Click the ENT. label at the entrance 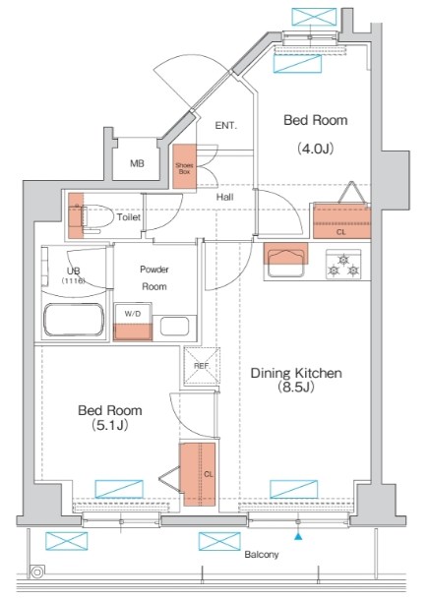pyautogui.click(x=226, y=125)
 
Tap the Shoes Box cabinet pyautogui.click(x=184, y=166)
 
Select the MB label pyautogui.click(x=137, y=163)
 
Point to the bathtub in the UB pyautogui.click(x=74, y=320)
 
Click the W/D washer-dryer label pyautogui.click(x=133, y=314)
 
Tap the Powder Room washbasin pyautogui.click(x=175, y=327)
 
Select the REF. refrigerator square pyautogui.click(x=202, y=366)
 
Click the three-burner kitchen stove pyautogui.click(x=343, y=265)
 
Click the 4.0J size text pyautogui.click(x=315, y=149)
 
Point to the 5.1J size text pyautogui.click(x=110, y=425)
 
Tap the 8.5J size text pyautogui.click(x=296, y=387)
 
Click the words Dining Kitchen pyautogui.click(x=296, y=373)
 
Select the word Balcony pyautogui.click(x=262, y=555)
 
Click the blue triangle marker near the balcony pyautogui.click(x=298, y=537)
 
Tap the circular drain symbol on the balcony pyautogui.click(x=37, y=572)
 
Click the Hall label pyautogui.click(x=225, y=198)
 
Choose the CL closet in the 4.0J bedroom pyautogui.click(x=342, y=220)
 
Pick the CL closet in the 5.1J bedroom pyautogui.click(x=198, y=474)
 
